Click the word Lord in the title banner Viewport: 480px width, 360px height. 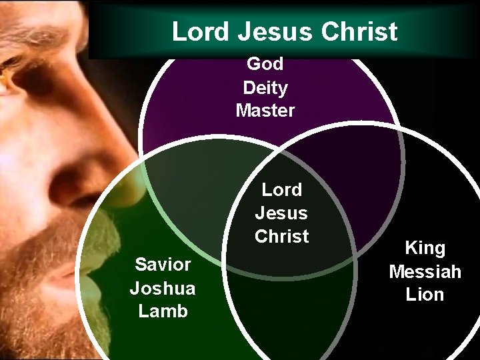click(197, 31)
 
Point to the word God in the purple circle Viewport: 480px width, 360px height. click(265, 64)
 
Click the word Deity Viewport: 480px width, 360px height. click(265, 87)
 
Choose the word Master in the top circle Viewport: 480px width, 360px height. click(265, 111)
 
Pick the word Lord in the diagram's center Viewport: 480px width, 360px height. click(281, 190)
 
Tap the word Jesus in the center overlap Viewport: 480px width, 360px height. click(281, 213)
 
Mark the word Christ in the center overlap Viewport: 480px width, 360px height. click(281, 236)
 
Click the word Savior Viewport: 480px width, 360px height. click(163, 265)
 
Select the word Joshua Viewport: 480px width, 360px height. click(163, 288)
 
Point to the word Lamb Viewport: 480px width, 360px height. click(163, 311)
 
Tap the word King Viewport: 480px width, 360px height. click(425, 249)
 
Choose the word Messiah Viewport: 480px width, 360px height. click(425, 272)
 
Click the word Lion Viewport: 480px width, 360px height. click(425, 295)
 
